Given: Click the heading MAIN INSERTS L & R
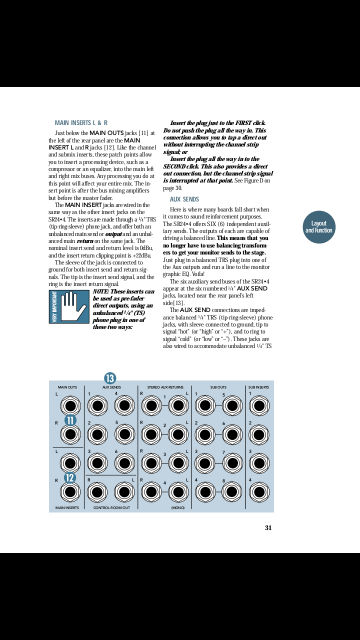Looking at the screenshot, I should click(81, 122).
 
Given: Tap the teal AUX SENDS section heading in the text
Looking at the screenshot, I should click(184, 199).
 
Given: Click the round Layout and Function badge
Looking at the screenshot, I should click(318, 227).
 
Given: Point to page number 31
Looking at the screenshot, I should click(268, 527).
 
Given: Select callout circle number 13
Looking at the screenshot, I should click(110, 378).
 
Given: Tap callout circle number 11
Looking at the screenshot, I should click(70, 420).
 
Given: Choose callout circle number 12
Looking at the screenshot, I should click(70, 477).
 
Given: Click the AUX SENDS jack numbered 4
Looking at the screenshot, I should click(124, 405).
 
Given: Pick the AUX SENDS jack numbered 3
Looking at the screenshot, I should click(97, 463).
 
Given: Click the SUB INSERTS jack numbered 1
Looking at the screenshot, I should click(259, 405).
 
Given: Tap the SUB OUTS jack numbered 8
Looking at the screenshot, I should click(232, 492).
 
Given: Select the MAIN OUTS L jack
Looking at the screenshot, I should click(70, 405).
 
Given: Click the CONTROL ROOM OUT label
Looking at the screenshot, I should click(111, 507).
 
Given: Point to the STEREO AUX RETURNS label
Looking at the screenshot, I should click(165, 387).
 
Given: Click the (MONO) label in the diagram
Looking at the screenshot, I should click(178, 507).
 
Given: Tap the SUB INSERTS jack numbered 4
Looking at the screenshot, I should click(259, 492).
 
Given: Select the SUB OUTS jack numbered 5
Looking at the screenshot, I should click(232, 405).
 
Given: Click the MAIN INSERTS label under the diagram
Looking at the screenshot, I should click(67, 507).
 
